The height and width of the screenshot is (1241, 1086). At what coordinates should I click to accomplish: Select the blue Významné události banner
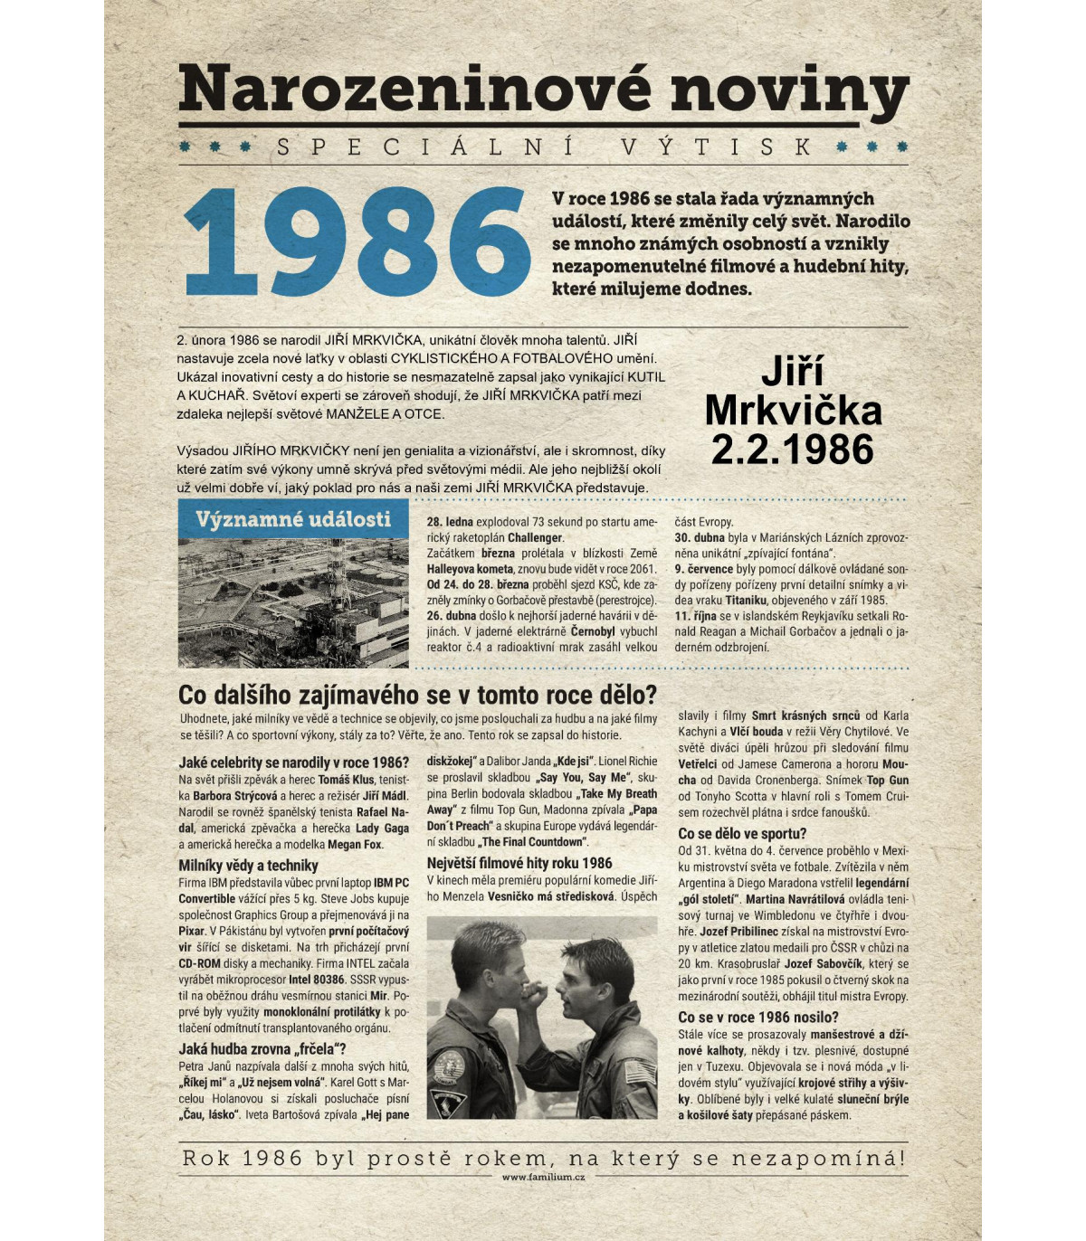(x=293, y=519)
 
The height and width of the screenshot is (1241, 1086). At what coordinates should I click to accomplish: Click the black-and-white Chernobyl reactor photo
(x=293, y=602)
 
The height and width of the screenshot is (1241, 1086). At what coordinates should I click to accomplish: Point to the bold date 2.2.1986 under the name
(x=792, y=450)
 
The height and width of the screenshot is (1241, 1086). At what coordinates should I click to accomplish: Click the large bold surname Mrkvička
(x=793, y=411)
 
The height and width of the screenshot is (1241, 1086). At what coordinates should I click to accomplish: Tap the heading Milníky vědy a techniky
(x=248, y=866)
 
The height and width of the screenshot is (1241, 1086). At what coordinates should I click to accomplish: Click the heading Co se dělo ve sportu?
(x=741, y=833)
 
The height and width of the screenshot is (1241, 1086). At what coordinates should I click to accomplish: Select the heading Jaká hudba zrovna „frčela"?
(x=262, y=1049)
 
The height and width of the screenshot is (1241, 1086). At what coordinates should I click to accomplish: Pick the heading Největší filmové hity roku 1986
(x=519, y=863)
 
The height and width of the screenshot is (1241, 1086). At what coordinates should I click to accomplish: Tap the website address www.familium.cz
(x=543, y=1177)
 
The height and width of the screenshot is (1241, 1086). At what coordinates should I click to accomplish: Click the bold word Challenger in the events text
(x=535, y=537)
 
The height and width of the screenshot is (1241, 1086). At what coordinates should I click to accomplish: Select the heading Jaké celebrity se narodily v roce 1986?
(x=293, y=763)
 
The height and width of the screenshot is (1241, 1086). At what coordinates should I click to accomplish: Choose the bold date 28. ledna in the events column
(x=450, y=522)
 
